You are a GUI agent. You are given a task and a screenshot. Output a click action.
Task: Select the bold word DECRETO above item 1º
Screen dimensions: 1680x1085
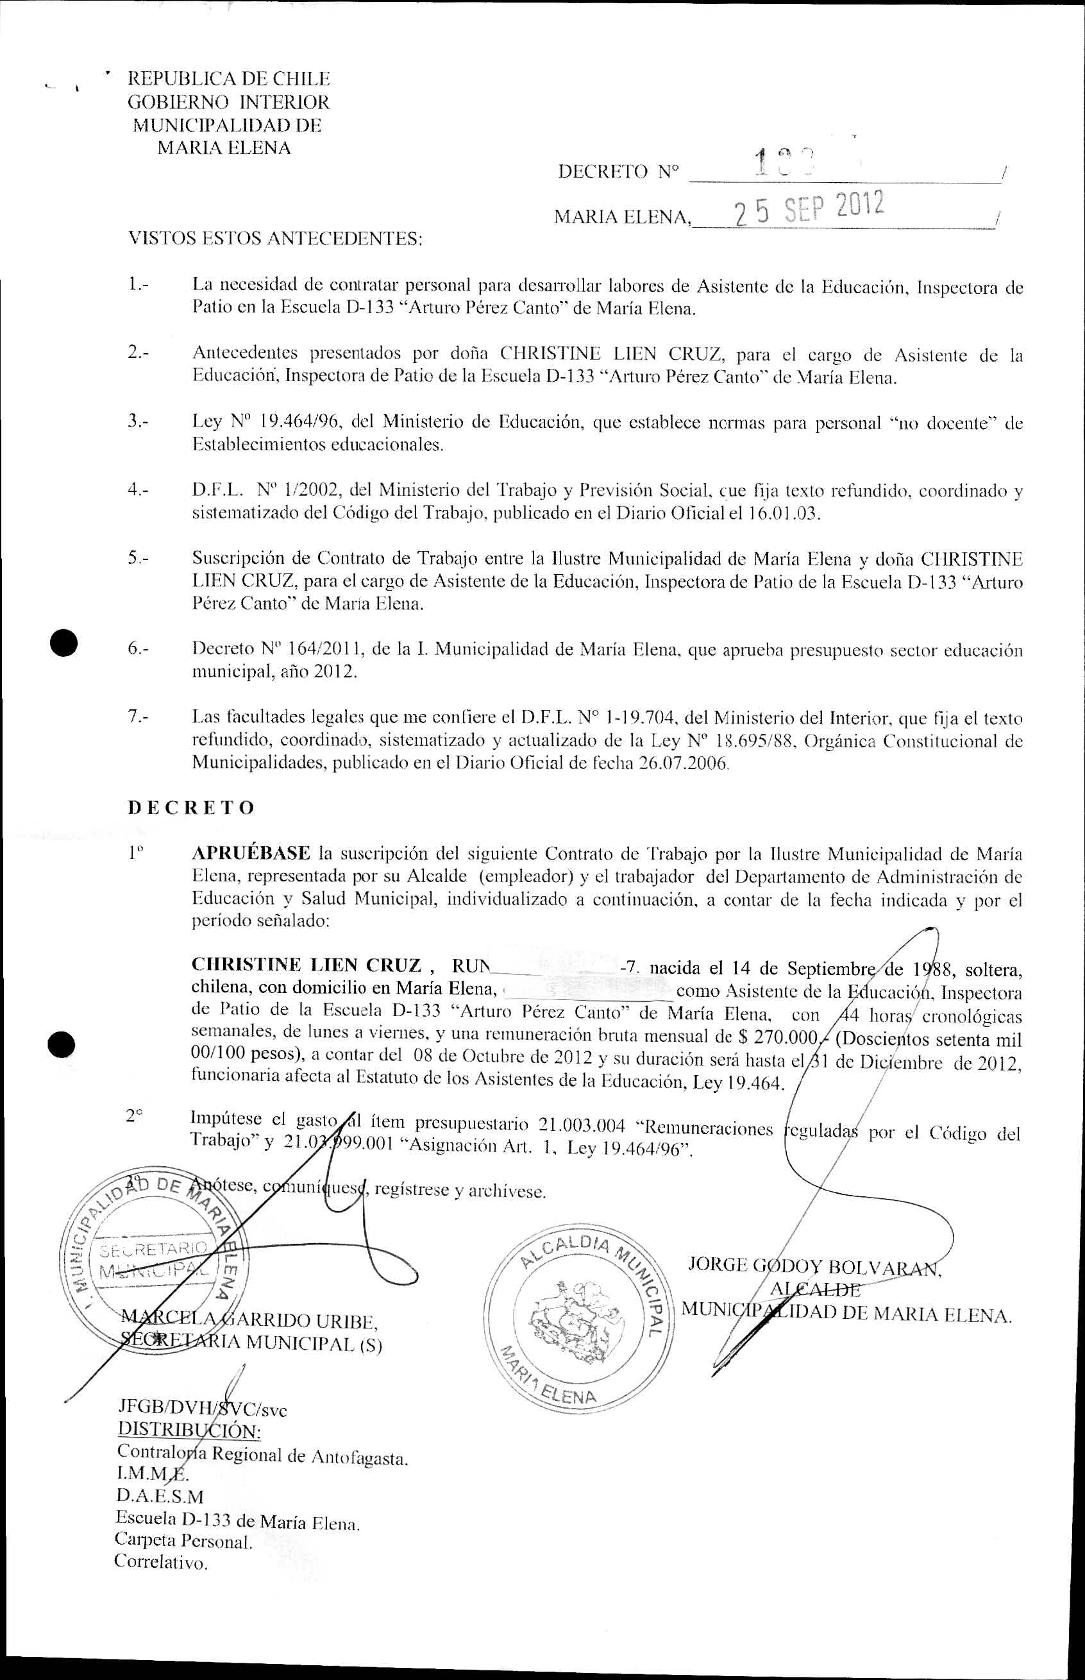point(191,808)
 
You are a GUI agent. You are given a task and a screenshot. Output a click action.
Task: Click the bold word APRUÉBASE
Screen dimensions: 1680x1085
point(251,853)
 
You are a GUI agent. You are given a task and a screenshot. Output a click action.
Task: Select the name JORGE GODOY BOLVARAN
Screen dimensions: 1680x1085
point(814,1266)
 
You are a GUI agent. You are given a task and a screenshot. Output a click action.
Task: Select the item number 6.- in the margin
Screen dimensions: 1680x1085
point(138,649)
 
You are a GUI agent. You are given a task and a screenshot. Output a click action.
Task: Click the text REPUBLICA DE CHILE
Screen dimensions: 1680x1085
point(228,79)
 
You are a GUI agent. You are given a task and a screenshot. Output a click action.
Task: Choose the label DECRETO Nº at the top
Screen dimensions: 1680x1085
point(619,171)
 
